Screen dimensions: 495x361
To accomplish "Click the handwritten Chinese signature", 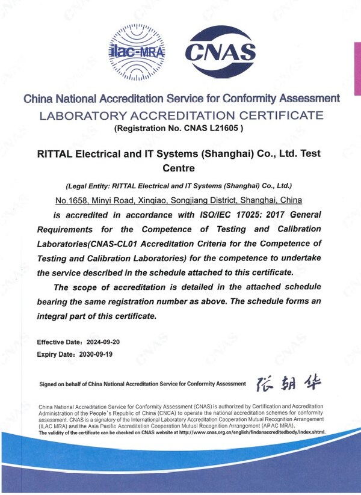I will (x=289, y=383).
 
